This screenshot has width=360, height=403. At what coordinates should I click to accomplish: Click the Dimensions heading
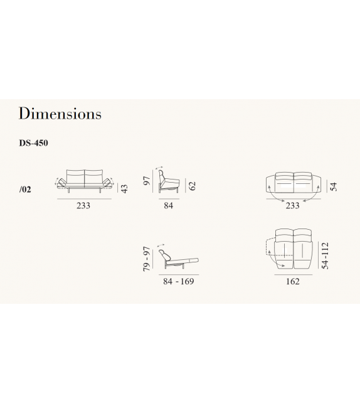point(60,113)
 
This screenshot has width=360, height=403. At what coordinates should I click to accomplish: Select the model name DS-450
point(33,143)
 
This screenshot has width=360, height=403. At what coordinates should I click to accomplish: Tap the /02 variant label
point(25,190)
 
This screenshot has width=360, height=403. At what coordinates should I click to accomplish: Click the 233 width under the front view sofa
point(83,206)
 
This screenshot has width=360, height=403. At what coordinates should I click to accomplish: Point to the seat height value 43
point(124,189)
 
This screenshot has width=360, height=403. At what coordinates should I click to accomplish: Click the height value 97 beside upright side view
point(146,181)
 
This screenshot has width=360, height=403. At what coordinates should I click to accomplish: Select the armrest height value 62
point(192,186)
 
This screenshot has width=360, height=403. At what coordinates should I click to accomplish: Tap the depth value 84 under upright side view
point(169,206)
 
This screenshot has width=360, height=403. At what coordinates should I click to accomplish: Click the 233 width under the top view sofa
point(292,206)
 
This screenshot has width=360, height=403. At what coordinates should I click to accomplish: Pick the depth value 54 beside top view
point(334,186)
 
